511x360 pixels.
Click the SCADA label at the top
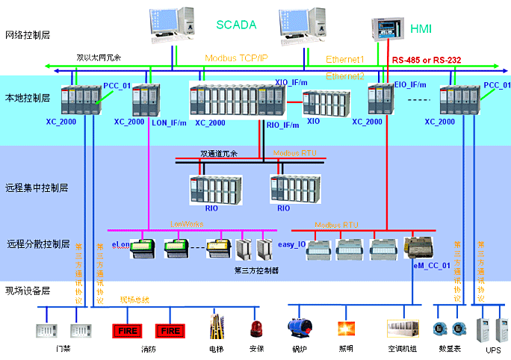[x=236, y=24]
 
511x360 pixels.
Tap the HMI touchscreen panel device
[x=387, y=28]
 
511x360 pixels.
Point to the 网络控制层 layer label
[x=27, y=35]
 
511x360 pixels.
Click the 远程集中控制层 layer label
[x=36, y=187]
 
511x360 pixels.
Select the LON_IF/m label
[x=169, y=122]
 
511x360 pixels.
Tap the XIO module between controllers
[x=323, y=104]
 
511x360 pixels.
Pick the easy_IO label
[x=291, y=244]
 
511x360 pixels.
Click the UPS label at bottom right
[x=493, y=350]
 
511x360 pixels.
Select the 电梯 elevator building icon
[x=217, y=327]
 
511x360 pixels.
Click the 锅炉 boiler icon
[x=300, y=328]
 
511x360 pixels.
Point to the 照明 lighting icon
[x=346, y=329]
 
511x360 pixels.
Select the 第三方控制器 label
[x=256, y=270]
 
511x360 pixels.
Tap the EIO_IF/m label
[x=409, y=85]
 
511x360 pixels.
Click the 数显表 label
[x=449, y=349]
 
